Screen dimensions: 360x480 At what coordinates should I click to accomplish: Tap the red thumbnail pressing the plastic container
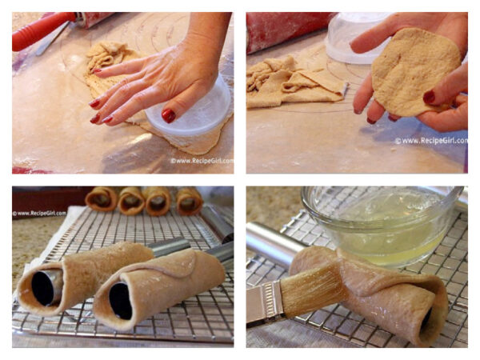point(169,115)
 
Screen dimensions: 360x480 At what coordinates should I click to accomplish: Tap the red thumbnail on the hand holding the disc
point(429,98)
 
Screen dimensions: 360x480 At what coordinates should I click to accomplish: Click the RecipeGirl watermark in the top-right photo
point(430,141)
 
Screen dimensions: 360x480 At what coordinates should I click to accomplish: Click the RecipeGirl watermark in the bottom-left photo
point(38,214)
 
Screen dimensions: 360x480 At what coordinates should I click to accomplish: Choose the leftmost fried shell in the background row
point(102,198)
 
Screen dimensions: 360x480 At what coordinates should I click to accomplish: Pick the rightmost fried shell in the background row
point(189,200)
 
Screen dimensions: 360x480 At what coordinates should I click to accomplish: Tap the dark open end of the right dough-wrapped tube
point(121,301)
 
